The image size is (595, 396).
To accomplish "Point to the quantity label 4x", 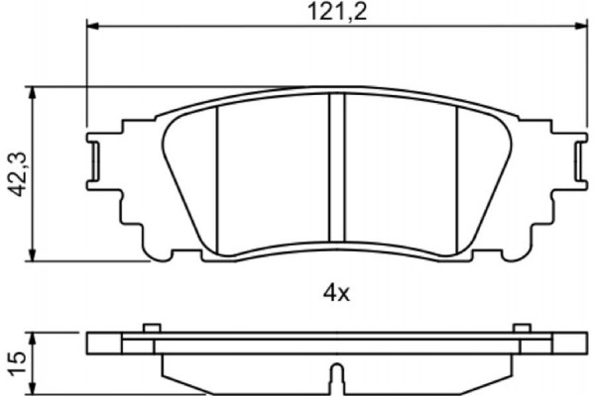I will pyautogui.click(x=334, y=292).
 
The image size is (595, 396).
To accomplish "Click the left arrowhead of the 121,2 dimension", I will pyautogui.click(x=94, y=28).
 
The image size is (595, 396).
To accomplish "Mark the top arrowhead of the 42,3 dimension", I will pyautogui.click(x=37, y=92).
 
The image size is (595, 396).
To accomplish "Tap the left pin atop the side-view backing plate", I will pyautogui.click(x=151, y=329).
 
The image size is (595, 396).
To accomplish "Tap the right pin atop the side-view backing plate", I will pyautogui.click(x=520, y=329).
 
